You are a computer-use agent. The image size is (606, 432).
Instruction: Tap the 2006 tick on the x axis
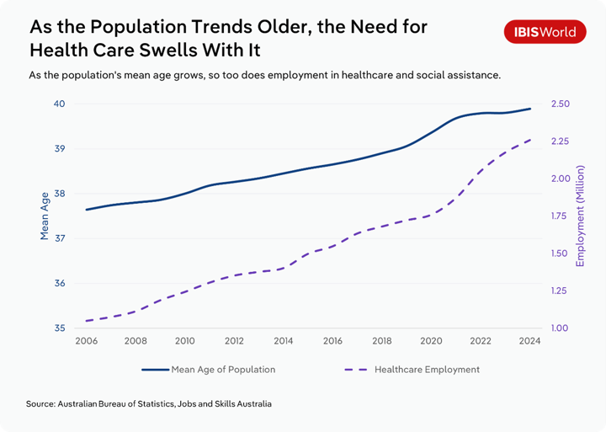coord(87,341)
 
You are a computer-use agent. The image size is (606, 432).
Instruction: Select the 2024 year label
coord(529,341)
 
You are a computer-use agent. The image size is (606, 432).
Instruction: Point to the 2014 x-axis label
coord(284,341)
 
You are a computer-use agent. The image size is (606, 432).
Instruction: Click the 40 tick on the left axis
coord(60,104)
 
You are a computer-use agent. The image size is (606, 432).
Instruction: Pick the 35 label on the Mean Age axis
coord(60,328)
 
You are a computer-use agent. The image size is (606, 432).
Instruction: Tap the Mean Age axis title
coord(45,216)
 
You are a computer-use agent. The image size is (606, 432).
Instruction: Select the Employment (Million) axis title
coord(580,216)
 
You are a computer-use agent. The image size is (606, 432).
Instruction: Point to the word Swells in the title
coord(177,50)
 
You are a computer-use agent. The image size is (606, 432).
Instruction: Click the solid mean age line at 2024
coord(529,109)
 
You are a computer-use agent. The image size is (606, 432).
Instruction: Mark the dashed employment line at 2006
coord(87,321)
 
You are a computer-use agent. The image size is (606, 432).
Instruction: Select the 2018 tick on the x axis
coord(382,341)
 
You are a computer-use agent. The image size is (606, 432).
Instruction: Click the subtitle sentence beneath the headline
coord(264,75)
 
